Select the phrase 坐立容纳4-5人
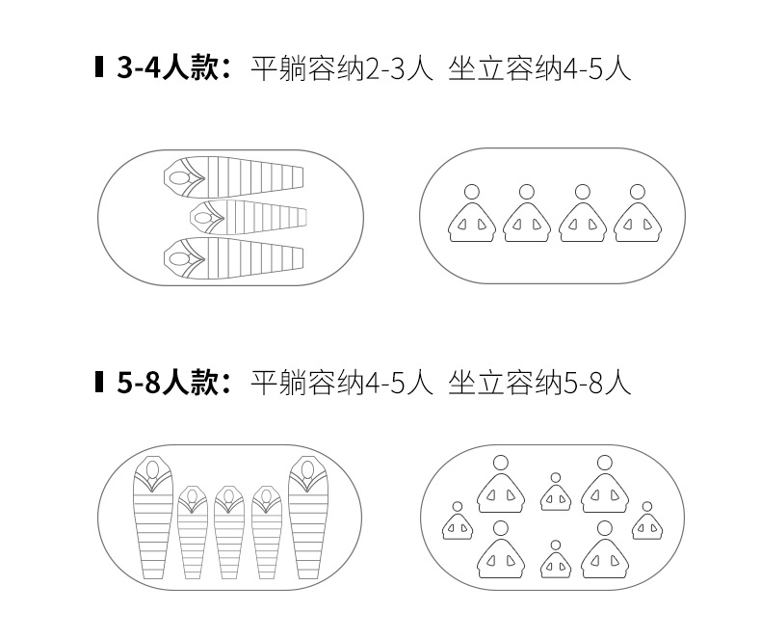539,69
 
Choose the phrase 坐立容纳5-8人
539,383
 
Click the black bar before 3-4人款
99,69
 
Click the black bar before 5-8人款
99,383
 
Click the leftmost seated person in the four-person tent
472,216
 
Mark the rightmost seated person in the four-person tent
638,216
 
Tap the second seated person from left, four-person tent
527,216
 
